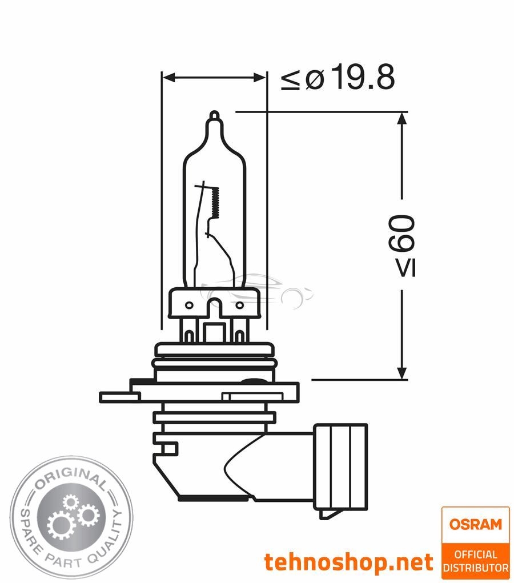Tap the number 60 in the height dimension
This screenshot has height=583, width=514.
(401, 234)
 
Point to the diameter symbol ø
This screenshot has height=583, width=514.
(315, 79)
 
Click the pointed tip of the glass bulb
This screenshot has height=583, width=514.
(214, 114)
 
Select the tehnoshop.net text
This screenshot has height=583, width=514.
(348, 562)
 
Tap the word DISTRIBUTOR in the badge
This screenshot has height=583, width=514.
(476, 568)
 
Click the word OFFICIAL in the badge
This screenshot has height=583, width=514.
(476, 554)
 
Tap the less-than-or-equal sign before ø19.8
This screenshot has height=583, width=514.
(290, 81)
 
